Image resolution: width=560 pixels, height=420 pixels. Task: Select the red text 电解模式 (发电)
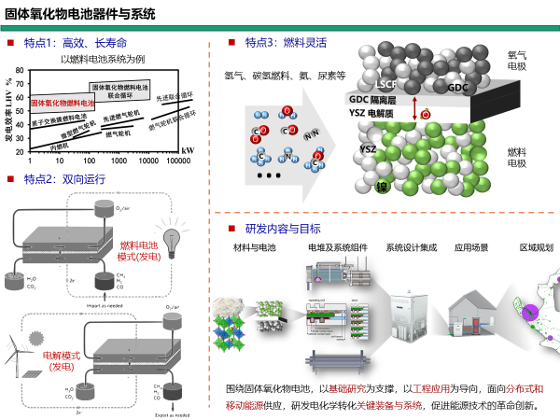click(62, 361)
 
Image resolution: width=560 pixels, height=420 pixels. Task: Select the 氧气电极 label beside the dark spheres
click(516, 61)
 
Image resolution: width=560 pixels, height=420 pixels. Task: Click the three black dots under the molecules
click(268, 175)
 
